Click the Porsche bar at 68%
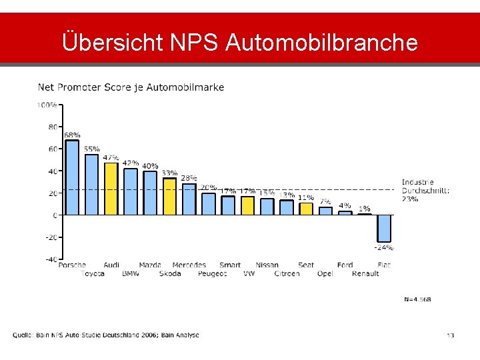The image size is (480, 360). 72,177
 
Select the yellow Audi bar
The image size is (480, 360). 111,189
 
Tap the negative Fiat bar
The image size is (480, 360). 384,228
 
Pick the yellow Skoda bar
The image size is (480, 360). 169,196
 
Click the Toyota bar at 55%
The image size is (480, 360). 91,185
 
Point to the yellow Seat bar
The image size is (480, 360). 306,209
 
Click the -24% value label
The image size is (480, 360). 383,247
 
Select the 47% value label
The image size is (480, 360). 111,158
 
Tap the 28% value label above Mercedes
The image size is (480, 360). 189,179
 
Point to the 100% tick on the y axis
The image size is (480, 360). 47,105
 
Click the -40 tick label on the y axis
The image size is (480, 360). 49,259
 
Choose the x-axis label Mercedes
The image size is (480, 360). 189,265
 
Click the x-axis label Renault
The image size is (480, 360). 365,273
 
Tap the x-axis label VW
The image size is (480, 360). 249,273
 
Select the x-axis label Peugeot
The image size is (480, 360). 212,273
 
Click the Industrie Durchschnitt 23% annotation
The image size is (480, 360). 425,191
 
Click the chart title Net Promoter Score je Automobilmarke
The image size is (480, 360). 131,87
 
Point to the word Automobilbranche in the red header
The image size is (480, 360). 322,43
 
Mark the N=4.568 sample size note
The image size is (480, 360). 417,299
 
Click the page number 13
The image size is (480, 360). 450,335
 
